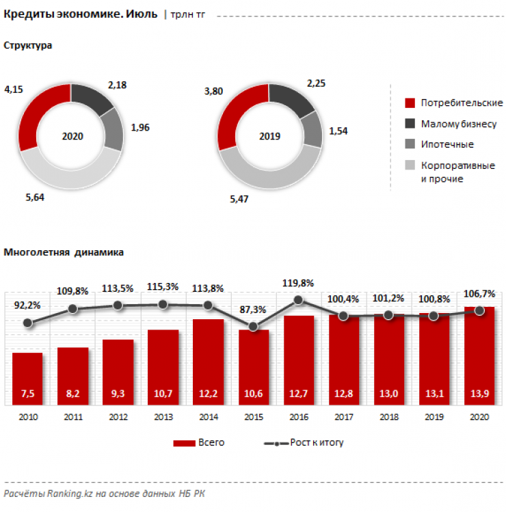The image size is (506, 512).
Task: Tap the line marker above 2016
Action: point(298,299)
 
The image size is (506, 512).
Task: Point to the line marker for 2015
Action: point(253,327)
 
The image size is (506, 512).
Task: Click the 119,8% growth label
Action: point(298,282)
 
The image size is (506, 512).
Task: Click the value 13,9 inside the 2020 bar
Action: point(479,393)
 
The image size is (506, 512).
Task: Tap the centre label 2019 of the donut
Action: point(270,136)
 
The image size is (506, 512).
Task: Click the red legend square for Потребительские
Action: point(410,103)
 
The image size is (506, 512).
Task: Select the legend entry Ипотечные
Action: point(447,145)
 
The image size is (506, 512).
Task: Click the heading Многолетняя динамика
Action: point(64,252)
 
